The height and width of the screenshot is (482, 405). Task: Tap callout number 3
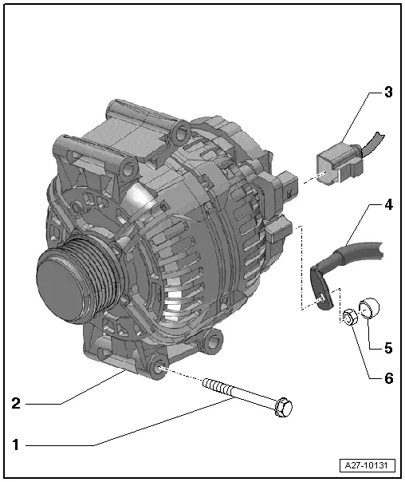tap(387, 91)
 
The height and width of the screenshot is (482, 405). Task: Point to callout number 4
tap(387, 205)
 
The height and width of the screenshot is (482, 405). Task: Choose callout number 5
tap(387, 349)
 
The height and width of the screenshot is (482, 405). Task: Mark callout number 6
tap(387, 378)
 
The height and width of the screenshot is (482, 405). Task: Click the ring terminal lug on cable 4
tap(321, 291)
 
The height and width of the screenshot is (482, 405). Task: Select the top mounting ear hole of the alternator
tap(181, 129)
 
